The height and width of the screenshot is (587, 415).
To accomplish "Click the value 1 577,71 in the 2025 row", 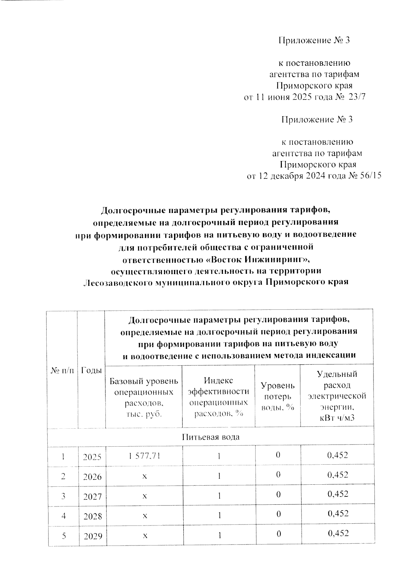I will (x=145, y=456).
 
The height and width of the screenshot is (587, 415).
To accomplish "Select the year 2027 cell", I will (x=92, y=496).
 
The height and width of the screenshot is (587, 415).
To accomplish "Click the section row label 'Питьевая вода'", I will (x=211, y=437).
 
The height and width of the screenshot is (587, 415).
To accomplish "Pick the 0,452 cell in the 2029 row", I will (x=338, y=533).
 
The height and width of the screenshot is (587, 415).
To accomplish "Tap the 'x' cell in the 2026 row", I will (x=145, y=476).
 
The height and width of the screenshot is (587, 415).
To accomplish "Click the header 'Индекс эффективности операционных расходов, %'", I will (x=218, y=397).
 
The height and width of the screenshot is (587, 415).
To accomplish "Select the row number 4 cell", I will (x=63, y=516).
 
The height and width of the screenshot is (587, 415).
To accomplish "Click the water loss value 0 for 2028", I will (x=278, y=514).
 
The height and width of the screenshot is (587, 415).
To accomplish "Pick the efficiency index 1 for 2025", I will (x=219, y=456).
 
